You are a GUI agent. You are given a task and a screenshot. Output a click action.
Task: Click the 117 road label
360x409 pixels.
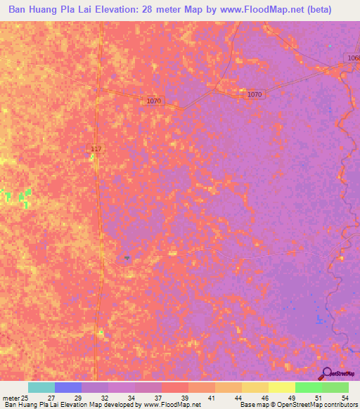pos(97,148)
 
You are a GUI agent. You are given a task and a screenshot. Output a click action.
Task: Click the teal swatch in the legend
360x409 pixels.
pos(41,387)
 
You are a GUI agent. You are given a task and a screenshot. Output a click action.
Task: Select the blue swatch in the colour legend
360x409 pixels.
pos(68,387)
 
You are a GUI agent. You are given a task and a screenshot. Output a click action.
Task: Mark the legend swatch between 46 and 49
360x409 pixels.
pos(282,387)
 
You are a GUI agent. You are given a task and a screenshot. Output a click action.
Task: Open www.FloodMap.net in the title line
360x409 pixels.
pos(264,11)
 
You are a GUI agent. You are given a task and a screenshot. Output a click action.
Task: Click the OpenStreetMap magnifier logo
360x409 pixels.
pos(326,373)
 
